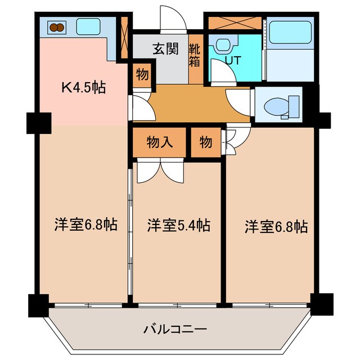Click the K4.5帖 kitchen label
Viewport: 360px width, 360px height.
[x=84, y=88]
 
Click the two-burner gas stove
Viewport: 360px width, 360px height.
[x=57, y=26]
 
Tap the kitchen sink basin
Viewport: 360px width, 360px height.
[x=87, y=26]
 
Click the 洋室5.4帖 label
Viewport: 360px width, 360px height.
[x=178, y=226]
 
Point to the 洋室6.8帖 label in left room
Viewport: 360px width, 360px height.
[x=85, y=226]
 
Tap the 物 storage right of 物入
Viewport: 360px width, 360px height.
[x=205, y=143]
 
